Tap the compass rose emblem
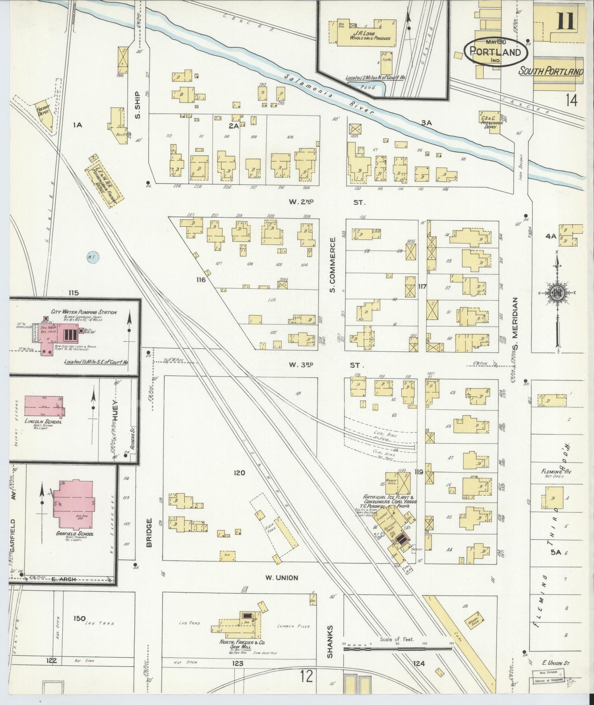(557, 292)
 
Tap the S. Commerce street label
(333, 265)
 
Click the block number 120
(239, 473)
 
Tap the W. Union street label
(282, 577)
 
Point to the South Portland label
(551, 72)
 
